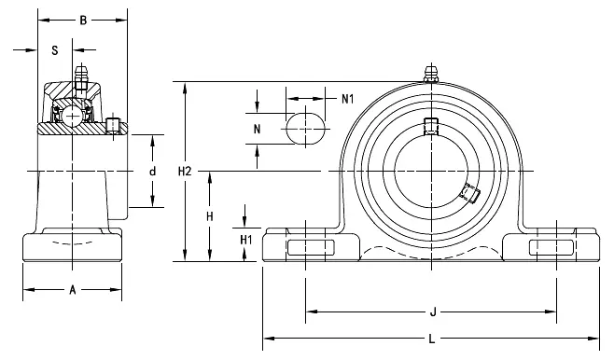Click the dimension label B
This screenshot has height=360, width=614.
click(x=83, y=21)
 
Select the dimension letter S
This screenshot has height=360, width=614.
click(x=55, y=50)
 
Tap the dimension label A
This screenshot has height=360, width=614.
click(x=73, y=290)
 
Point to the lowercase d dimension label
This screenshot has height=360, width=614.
click(x=153, y=171)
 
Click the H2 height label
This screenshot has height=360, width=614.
click(x=185, y=171)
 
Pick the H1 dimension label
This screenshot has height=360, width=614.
click(x=246, y=240)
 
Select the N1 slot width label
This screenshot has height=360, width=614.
click(x=348, y=99)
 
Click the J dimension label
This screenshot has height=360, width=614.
click(x=433, y=312)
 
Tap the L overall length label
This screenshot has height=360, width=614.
click(x=431, y=339)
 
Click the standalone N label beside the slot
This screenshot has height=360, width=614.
click(x=257, y=129)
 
